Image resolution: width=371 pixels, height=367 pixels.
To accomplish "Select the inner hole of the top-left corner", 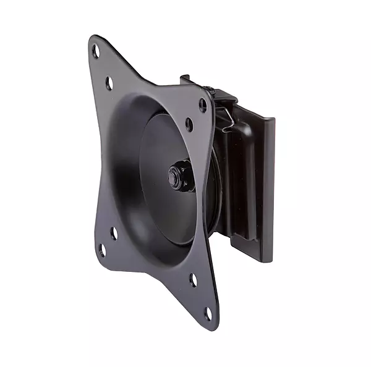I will [x=109, y=82].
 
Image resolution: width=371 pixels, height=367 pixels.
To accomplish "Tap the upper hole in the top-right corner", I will [x=202, y=105].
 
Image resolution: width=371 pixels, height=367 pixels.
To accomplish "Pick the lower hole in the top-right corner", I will [x=189, y=124].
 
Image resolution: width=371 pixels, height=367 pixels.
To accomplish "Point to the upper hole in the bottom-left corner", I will [x=113, y=234].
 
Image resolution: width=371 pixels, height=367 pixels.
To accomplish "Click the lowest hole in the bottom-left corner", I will [x=101, y=250].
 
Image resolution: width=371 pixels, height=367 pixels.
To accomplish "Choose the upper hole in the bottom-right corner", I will [x=194, y=279].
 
